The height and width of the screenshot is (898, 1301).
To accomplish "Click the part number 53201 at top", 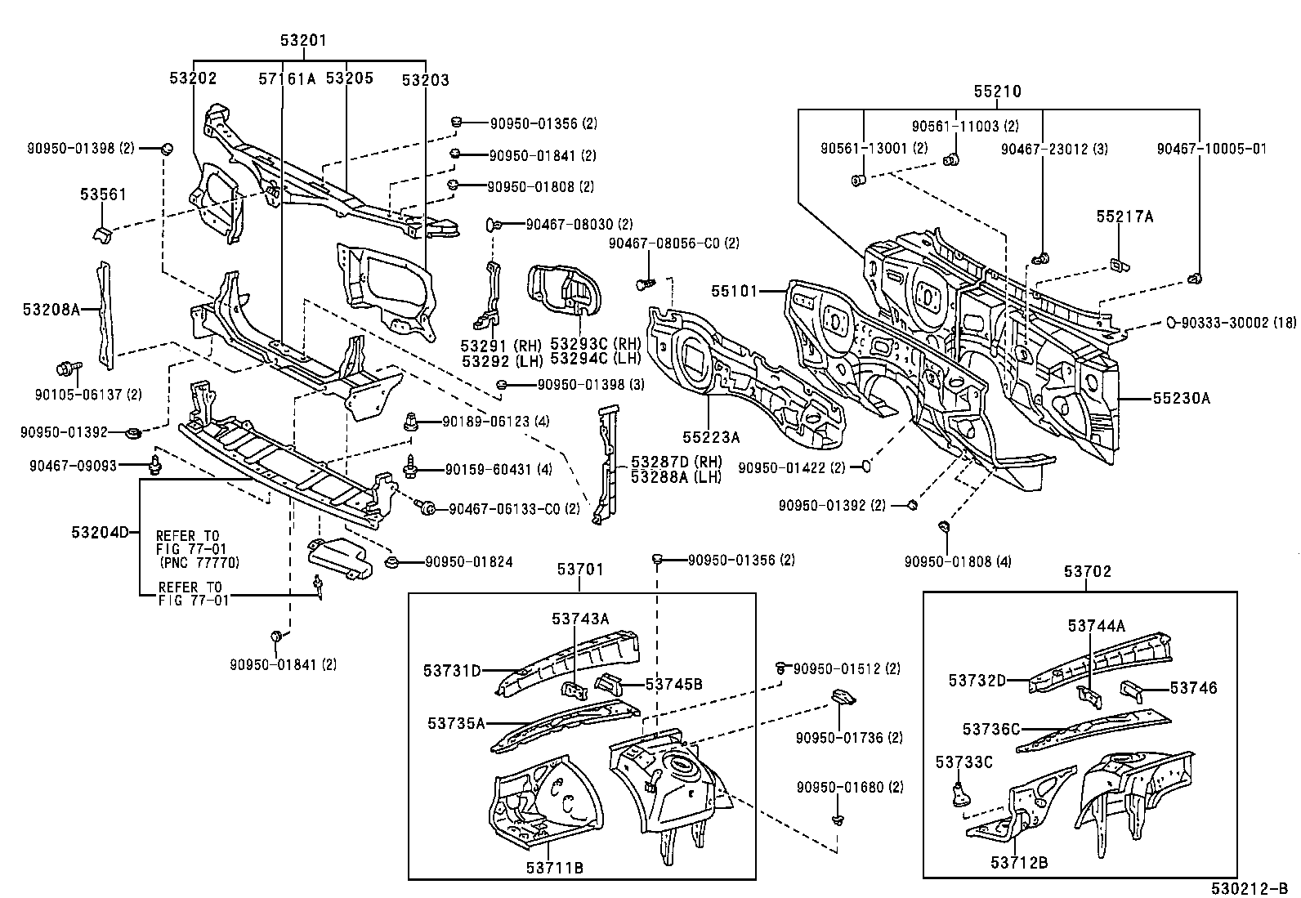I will click(x=304, y=41).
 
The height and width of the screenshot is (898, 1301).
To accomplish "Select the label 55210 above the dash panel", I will click(x=997, y=92).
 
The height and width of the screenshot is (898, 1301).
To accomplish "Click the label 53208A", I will click(x=51, y=309).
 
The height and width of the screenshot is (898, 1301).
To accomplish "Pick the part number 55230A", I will click(x=1181, y=399).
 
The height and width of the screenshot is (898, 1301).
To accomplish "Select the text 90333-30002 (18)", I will click(x=1236, y=323).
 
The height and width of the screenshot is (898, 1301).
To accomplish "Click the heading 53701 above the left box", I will click(x=580, y=570).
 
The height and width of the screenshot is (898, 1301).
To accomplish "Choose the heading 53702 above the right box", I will click(x=1088, y=572).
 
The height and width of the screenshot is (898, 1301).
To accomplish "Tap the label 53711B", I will click(x=556, y=868).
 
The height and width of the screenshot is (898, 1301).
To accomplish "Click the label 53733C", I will click(x=963, y=762).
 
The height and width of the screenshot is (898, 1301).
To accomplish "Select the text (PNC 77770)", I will click(x=199, y=563).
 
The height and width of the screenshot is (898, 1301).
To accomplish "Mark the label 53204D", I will click(x=100, y=533).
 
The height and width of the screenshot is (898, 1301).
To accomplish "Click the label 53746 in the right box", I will click(x=1193, y=688).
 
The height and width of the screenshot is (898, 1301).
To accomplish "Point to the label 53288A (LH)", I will click(x=675, y=477).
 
